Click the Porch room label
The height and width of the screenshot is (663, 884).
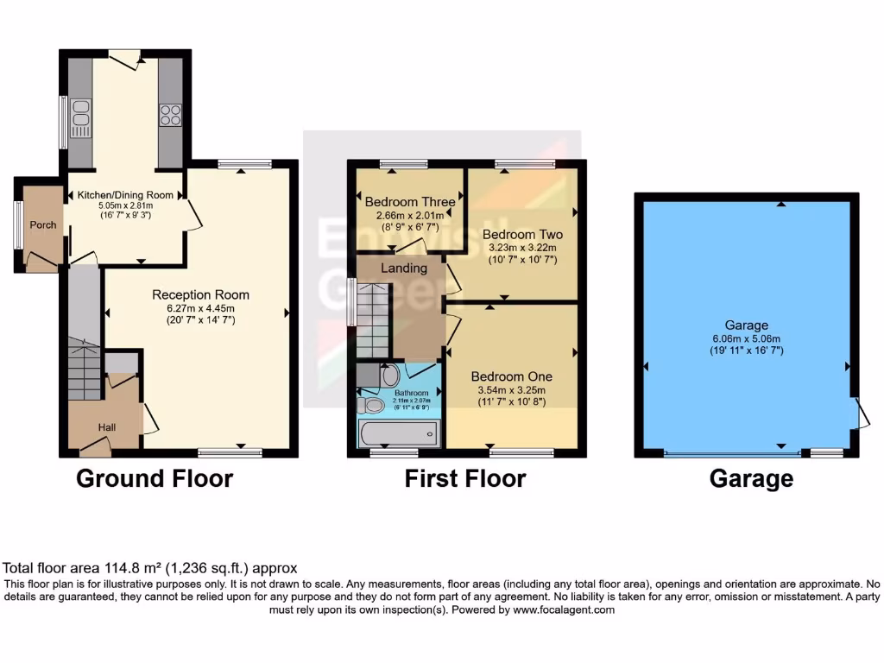(x=43, y=225)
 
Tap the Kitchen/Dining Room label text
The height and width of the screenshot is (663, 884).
(x=125, y=195)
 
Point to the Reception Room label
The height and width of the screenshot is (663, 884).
(x=195, y=294)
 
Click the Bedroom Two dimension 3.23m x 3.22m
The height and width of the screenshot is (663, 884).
(x=522, y=247)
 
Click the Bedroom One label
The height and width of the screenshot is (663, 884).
(x=511, y=377)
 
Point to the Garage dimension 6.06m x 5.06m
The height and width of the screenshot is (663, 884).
(x=746, y=338)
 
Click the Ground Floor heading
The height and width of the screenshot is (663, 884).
(x=155, y=478)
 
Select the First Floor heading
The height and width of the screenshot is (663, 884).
(x=464, y=478)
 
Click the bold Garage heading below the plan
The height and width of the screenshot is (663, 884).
(x=751, y=478)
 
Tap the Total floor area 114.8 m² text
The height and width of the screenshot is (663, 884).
(x=150, y=568)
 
